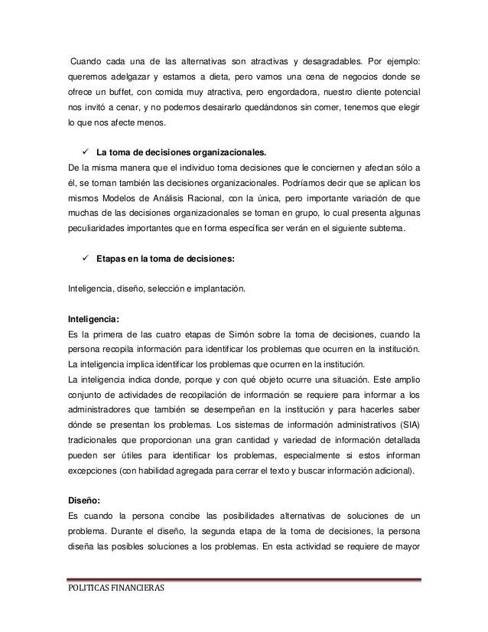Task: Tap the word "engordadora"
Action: (279, 92)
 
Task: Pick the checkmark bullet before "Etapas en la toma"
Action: (84, 259)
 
